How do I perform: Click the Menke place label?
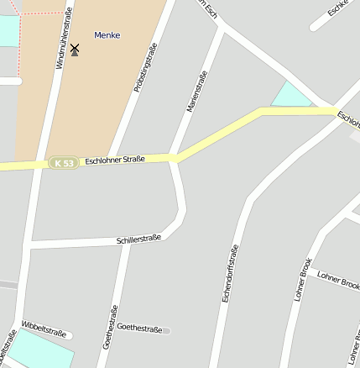(x=107, y=35)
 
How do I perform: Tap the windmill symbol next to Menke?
(x=75, y=50)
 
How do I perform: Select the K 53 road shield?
(x=63, y=162)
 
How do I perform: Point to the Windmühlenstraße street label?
(x=64, y=38)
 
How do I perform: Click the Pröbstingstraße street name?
(x=145, y=67)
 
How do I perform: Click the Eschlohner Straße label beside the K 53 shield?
(x=115, y=159)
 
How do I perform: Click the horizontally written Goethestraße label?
(x=139, y=328)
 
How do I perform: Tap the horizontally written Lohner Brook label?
(x=338, y=280)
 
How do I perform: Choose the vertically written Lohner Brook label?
(x=303, y=280)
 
